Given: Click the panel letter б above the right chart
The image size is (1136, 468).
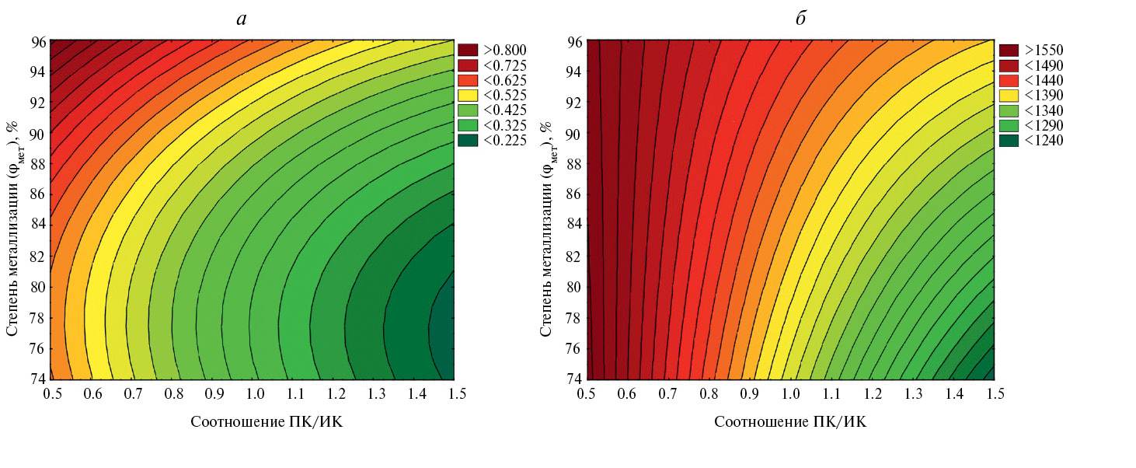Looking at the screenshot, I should click(800, 19).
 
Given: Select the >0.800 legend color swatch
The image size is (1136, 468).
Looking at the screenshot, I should click(469, 51).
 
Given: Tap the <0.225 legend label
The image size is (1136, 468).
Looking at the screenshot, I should click(504, 140).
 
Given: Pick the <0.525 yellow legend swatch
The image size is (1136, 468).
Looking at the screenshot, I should click(469, 96).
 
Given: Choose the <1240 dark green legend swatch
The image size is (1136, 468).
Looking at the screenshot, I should click(1008, 140).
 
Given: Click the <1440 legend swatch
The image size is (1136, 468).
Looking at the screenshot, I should click(1008, 81).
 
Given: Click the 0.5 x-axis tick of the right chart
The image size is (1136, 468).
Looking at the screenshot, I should click(587, 395).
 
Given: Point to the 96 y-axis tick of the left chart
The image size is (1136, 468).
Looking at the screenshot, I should click(38, 41).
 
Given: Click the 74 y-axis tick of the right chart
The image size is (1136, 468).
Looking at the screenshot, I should click(574, 379).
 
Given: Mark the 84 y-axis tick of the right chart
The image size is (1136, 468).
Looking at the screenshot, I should click(574, 225).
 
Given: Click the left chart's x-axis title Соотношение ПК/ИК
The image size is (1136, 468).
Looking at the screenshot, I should click(267, 422).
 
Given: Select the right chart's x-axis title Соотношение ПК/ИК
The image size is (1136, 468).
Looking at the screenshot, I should click(789, 422).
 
